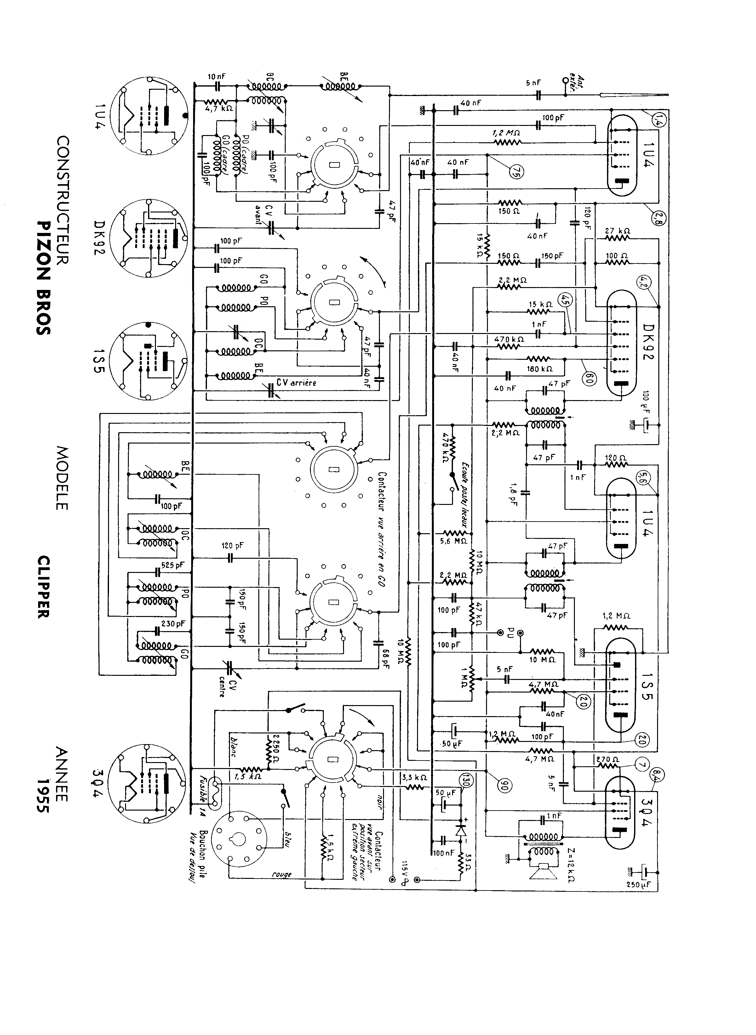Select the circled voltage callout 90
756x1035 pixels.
click(x=506, y=785)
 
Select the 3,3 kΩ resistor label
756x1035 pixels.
click(x=415, y=777)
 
